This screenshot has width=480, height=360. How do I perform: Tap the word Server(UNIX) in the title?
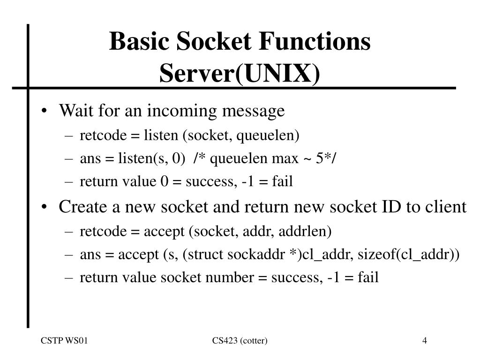[240, 74]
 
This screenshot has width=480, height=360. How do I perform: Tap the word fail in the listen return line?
[282, 181]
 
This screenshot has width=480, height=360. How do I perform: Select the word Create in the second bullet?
[82, 207]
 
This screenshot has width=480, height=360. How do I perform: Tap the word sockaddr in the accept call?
[256, 255]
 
